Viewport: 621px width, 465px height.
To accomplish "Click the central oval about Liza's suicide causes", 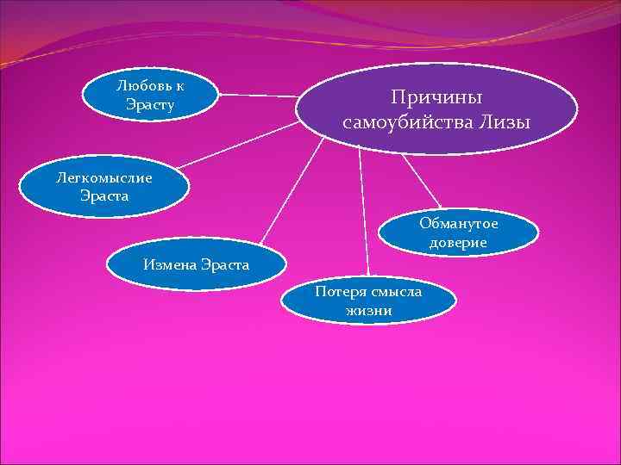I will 436,108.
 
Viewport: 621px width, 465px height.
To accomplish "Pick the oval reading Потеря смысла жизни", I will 368,301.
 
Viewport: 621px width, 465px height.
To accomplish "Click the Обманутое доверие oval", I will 458,232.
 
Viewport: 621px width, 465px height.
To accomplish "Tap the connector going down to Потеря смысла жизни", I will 363,215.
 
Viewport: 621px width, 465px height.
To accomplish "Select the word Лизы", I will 506,123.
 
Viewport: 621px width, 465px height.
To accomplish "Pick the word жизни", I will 368,310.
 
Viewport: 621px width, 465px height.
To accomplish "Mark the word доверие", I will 458,243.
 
